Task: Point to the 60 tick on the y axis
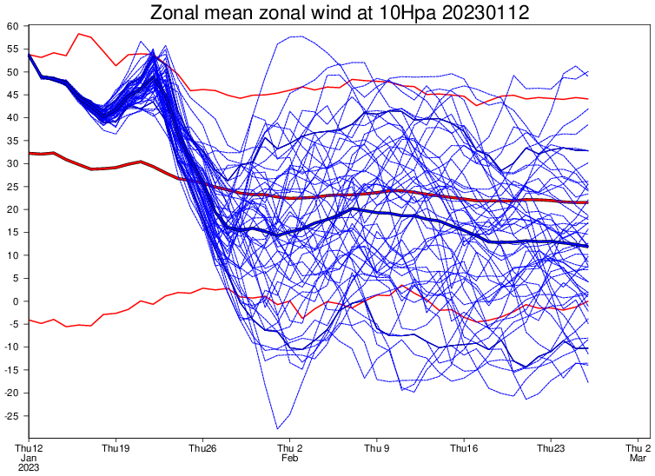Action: (x=13, y=26)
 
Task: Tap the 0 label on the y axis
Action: (x=16, y=301)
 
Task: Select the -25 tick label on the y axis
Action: (x=11, y=416)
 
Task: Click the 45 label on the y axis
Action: (x=13, y=95)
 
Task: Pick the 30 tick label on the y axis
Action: (x=13, y=163)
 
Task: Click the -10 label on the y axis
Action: (x=11, y=347)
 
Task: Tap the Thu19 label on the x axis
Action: (x=116, y=448)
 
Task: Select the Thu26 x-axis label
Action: (x=202, y=448)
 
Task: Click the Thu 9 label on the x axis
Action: (x=376, y=448)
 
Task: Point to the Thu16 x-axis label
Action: (x=463, y=448)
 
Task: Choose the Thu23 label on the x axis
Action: (x=550, y=448)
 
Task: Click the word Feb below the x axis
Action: (x=289, y=458)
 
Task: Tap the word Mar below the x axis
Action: (x=637, y=458)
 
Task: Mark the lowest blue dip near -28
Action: (x=278, y=428)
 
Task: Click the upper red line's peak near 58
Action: (x=79, y=34)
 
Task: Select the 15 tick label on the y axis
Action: (x=13, y=233)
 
